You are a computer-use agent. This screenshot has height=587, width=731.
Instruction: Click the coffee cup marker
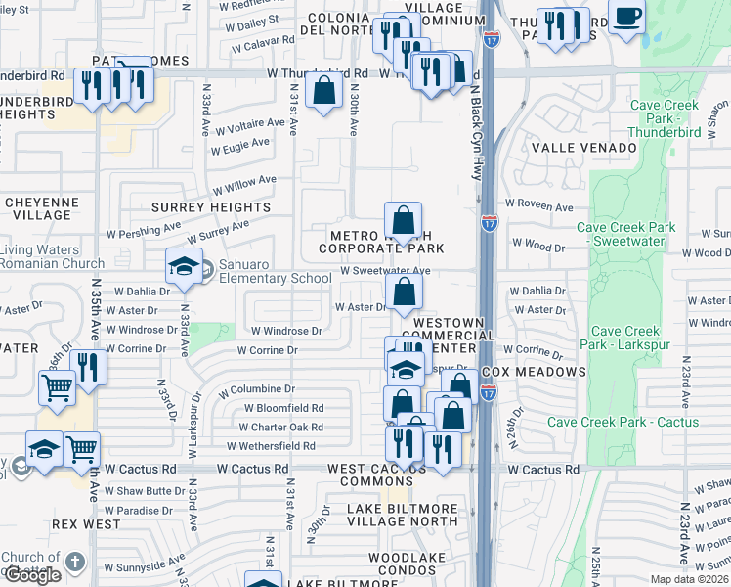pos(625,18)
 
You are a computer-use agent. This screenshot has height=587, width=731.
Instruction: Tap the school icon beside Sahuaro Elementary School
pos(183,267)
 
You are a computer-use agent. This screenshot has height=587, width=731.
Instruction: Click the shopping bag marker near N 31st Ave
pos(322,92)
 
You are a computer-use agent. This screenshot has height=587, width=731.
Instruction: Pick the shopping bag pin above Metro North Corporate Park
pos(403,220)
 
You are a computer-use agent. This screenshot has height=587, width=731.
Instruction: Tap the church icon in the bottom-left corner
pos(75,564)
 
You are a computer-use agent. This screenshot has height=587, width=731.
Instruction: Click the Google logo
pos(32,575)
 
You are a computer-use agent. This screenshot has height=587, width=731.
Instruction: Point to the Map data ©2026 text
pos(690,579)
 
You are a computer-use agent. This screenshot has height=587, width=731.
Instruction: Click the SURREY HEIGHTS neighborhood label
pos(210,207)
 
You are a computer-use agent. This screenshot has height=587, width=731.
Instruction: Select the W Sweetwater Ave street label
pos(385,271)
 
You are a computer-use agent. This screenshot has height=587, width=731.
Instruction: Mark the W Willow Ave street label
pos(245,183)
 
